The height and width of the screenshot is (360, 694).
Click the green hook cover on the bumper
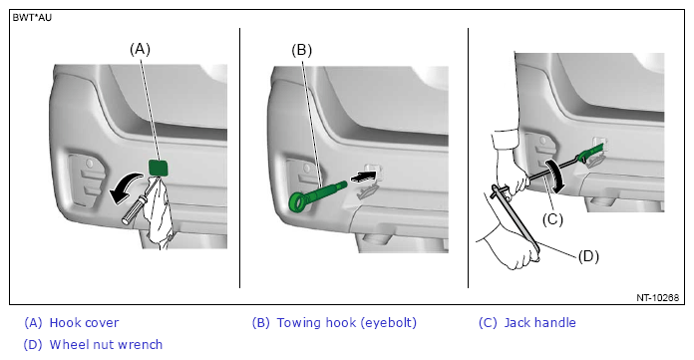pyautogui.click(x=158, y=168)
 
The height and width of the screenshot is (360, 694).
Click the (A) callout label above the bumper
pyautogui.click(x=140, y=49)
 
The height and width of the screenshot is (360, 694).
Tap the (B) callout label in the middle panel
pyautogui.click(x=301, y=50)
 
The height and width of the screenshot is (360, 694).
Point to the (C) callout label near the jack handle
pyautogui.click(x=552, y=218)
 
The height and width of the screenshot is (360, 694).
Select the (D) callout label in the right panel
pyautogui.click(x=588, y=256)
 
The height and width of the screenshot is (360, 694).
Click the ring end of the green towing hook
pyautogui.click(x=299, y=202)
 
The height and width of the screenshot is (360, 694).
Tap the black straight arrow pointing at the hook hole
pyautogui.click(x=361, y=177)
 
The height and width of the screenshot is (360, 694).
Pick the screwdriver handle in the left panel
pyautogui.click(x=134, y=210)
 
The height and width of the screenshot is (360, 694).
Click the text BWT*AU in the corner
pyautogui.click(x=32, y=18)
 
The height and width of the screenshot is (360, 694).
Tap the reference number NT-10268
pyautogui.click(x=658, y=297)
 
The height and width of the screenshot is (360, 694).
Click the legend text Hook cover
pyautogui.click(x=84, y=323)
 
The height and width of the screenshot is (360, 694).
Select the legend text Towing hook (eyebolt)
pyautogui.click(x=347, y=323)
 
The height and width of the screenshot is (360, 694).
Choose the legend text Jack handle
pyautogui.click(x=540, y=323)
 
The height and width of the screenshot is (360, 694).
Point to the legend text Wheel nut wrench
pyautogui.click(x=106, y=344)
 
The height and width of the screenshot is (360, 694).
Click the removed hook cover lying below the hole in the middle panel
pyautogui.click(x=368, y=191)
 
